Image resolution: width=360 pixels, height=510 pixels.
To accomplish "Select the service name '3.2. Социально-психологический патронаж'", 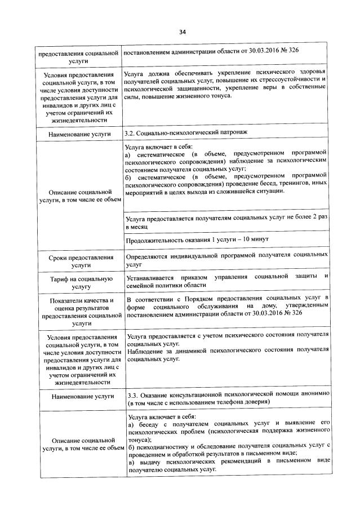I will click(x=185, y=134).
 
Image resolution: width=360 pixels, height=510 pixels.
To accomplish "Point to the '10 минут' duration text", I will click(x=255, y=240).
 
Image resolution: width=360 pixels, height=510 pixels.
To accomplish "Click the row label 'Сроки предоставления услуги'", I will click(x=81, y=260).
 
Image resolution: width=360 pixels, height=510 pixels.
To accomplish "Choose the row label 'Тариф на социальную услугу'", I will click(x=81, y=282).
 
